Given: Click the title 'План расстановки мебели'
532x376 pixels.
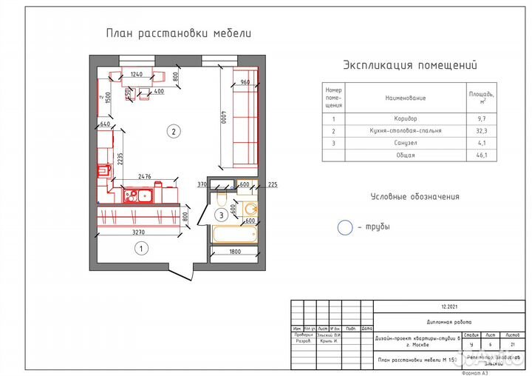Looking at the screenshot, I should (x=179, y=33).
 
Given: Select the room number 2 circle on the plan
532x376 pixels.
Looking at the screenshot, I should (x=173, y=132).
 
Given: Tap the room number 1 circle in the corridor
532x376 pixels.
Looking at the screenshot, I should (x=139, y=249).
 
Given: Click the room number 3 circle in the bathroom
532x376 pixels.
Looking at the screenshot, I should (x=220, y=215).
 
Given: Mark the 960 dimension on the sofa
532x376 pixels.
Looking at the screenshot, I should (x=245, y=83).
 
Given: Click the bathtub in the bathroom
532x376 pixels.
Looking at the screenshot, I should (x=233, y=235).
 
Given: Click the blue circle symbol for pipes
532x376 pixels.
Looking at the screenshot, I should (x=345, y=228).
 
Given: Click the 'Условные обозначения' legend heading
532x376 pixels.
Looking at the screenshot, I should (x=415, y=197).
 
